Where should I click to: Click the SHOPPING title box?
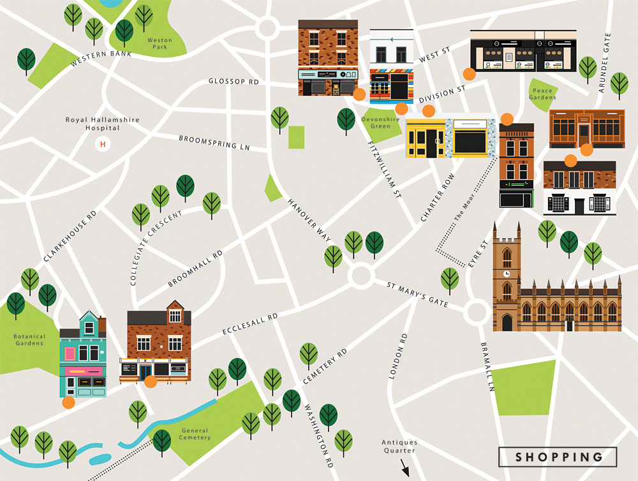[558, 457]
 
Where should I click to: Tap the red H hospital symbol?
[102, 144]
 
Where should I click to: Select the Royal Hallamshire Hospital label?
[103, 124]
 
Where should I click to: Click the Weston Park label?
[159, 44]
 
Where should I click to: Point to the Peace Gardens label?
[543, 94]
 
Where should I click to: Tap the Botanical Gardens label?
[30, 340]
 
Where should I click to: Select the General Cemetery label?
[195, 434]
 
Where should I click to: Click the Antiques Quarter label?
[399, 447]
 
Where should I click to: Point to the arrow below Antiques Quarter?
[404, 470]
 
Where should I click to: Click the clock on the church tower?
[507, 272]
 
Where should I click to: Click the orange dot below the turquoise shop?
[68, 403]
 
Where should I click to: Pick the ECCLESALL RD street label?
[250, 324]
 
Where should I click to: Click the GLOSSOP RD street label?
[234, 82]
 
